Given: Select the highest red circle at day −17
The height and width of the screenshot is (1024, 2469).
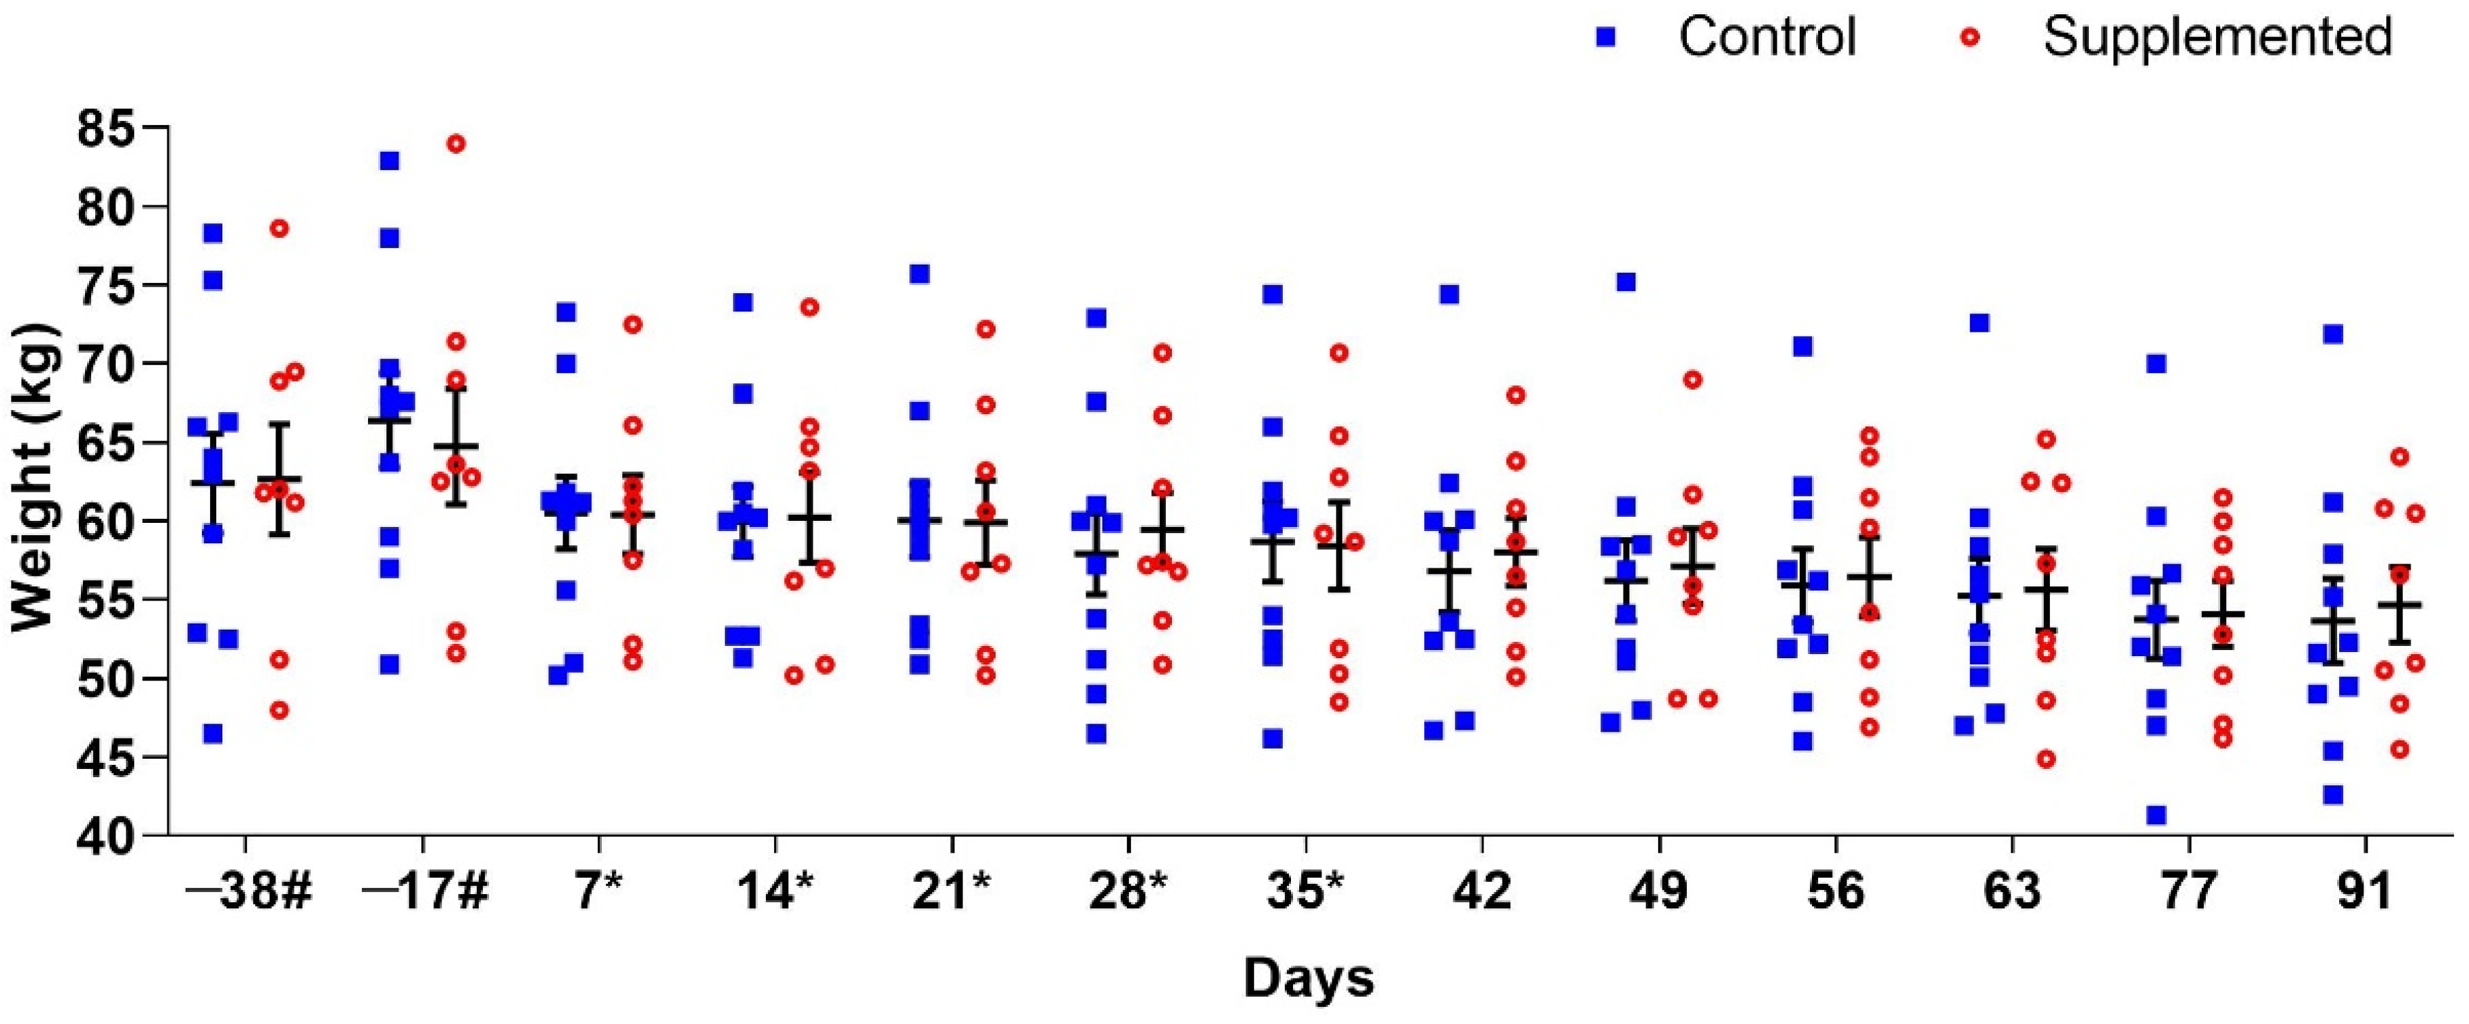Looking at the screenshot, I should pos(456,143).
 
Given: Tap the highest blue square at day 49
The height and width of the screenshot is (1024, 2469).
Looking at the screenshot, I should pos(1626,283).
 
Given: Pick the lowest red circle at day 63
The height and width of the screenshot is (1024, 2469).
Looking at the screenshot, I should pos(2047,760).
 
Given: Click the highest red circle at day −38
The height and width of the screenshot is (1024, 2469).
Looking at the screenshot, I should pos(279,228).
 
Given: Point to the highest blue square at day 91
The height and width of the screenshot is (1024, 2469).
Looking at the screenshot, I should pos(2333,335).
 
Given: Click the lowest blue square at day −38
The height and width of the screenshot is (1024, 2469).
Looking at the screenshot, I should pos(213,734).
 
